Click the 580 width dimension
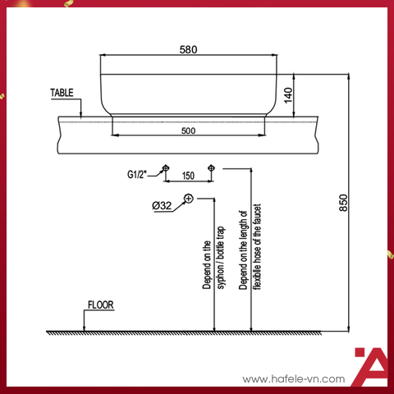[x=188, y=49]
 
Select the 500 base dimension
[x=188, y=130]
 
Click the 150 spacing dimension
[x=188, y=176]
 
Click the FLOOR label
[x=100, y=304]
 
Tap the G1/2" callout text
[x=138, y=174]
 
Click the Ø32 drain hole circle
[x=189, y=199]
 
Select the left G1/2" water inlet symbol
[x=166, y=167]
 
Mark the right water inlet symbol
[x=212, y=167]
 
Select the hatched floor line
[x=197, y=333]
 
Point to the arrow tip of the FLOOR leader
[x=86, y=329]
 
